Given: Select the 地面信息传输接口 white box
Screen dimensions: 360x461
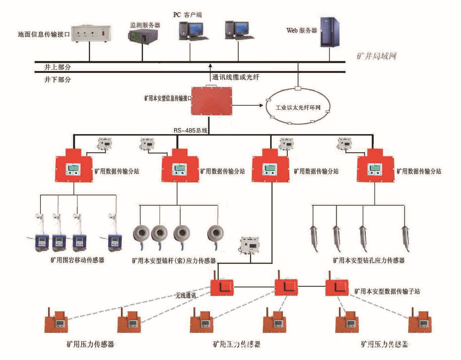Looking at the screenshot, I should (91, 34).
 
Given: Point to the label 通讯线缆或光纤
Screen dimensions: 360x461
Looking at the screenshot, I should (236, 77).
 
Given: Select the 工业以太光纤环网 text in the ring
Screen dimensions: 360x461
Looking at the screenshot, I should (298, 107).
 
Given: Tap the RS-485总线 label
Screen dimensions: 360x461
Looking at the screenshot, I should (190, 130).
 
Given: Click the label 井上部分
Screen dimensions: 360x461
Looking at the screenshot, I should (57, 67).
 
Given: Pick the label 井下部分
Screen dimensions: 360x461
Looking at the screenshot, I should (57, 80).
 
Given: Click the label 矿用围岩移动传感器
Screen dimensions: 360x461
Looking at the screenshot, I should (77, 260).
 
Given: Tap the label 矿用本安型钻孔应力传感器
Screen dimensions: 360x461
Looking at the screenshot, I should (368, 260).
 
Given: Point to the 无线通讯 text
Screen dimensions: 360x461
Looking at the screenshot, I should (186, 295).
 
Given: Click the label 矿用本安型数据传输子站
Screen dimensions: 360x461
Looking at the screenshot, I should (387, 291).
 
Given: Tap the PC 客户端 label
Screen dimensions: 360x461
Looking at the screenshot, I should (187, 15).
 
